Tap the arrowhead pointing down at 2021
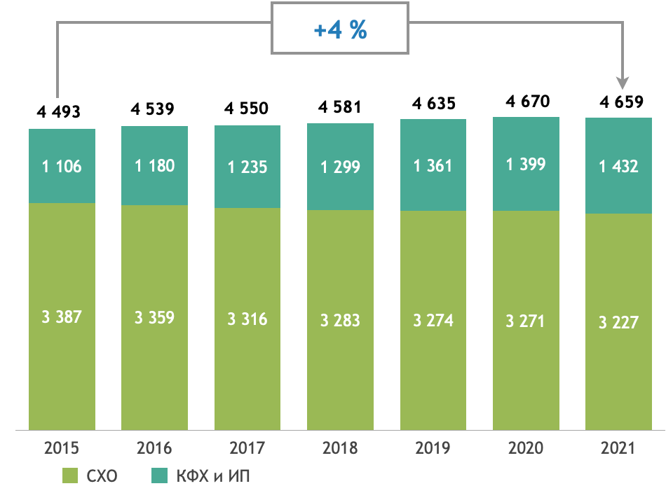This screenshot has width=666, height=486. coord(623,83)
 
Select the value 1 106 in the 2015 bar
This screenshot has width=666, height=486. coord(62,167)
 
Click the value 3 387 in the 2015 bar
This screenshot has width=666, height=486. coord(62,317)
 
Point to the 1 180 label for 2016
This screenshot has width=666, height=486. coord(155,166)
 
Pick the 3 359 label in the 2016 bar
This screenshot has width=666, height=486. coord(155,318)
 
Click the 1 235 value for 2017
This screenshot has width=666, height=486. coord(247,167)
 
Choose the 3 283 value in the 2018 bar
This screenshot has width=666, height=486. coord(340,321)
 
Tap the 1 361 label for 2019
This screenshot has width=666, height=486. coord(433,167)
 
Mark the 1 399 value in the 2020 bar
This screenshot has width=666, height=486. coord(526,165)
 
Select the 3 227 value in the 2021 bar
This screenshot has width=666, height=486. coord(618,322)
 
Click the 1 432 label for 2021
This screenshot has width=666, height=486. coord(618,167)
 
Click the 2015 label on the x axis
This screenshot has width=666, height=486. coord(62,447)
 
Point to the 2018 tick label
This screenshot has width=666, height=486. coord(340,447)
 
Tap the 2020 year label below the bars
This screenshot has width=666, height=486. coord(526,447)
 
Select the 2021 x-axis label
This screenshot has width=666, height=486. coord(618,447)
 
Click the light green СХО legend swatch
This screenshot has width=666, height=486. coord(71,475)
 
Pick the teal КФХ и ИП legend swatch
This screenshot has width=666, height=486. coord(161,475)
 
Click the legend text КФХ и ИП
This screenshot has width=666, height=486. coord(214,476)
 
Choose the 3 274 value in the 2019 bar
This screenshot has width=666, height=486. coord(433,321)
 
